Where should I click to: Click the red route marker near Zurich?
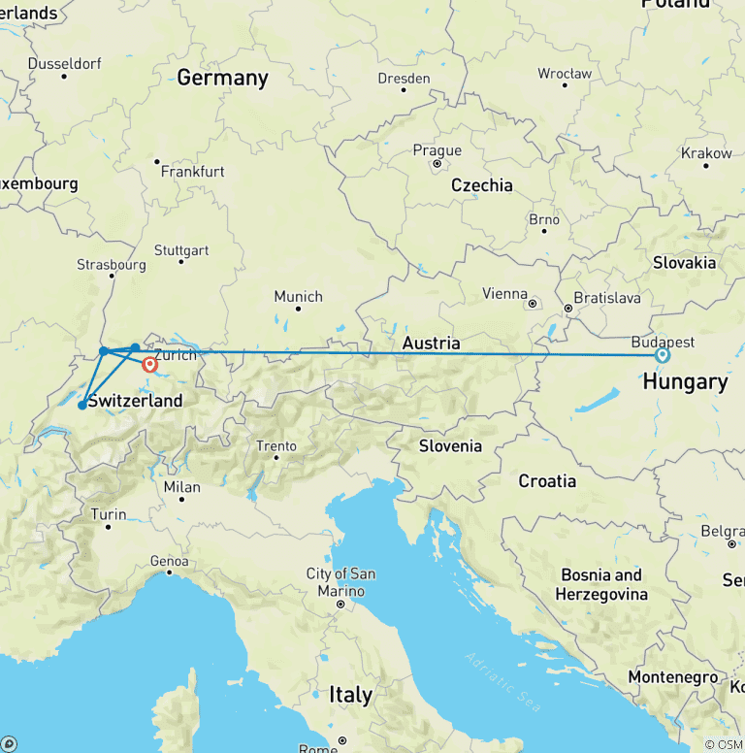[149, 365]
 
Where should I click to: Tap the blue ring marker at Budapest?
[663, 355]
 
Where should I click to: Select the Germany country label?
[222, 78]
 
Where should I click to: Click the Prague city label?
[437, 150]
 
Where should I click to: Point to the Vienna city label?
[505, 293]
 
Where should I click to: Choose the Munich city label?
[298, 296]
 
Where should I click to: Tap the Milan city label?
[182, 487]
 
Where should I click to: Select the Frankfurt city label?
[193, 171]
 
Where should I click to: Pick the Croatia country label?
[547, 480]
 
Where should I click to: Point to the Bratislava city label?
[607, 298]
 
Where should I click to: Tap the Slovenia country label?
[450, 445]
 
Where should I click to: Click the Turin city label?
[108, 514]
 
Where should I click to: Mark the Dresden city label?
[405, 78]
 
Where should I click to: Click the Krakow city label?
[706, 153]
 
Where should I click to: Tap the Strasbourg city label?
[112, 264]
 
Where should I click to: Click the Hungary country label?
[685, 381]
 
